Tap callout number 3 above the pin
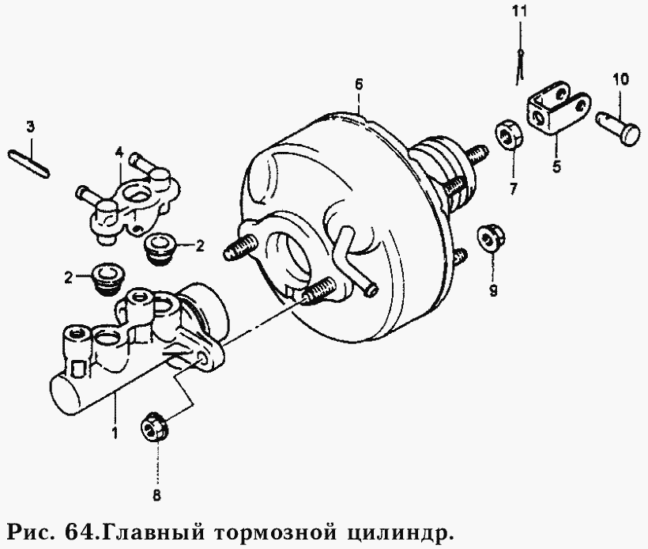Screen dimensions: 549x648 pos(30,127)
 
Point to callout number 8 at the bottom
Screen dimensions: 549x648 pos(156,496)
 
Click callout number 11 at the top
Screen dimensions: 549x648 pos(518,11)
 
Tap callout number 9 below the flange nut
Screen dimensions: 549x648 pos(493,290)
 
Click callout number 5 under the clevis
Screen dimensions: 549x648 pos(556,168)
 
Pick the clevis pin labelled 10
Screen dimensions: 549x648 pos(621,126)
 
